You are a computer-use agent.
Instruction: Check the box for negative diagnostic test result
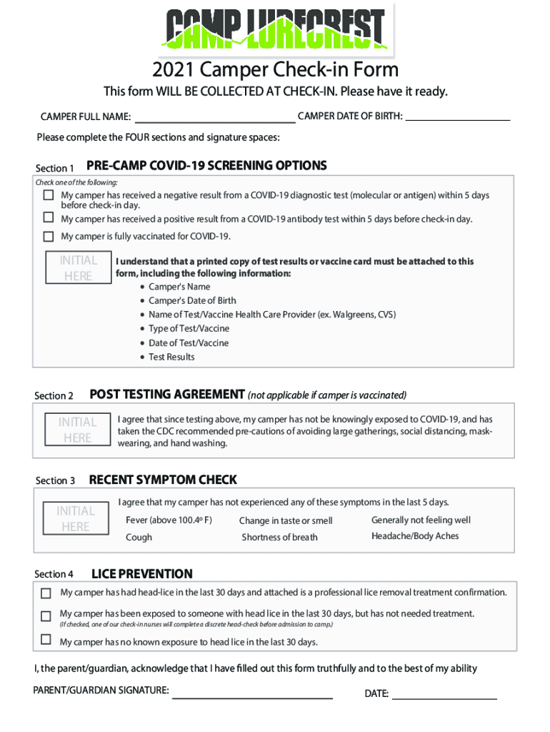pyautogui.click(x=49, y=195)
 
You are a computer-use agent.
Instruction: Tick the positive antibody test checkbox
pyautogui.click(x=49, y=217)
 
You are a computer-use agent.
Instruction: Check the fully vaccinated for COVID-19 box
pyautogui.click(x=49, y=237)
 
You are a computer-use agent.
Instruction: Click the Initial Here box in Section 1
pyautogui.click(x=78, y=268)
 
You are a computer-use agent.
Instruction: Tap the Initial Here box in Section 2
pyautogui.click(x=77, y=430)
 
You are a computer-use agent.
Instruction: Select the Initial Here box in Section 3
pyautogui.click(x=75, y=519)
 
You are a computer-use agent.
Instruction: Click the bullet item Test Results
pyautogui.click(x=171, y=357)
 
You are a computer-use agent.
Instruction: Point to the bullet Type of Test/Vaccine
pyautogui.click(x=189, y=328)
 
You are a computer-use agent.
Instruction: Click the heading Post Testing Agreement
pyautogui.click(x=167, y=395)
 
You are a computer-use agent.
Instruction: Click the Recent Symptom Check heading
pyautogui.click(x=163, y=480)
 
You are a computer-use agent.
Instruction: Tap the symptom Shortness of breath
pyautogui.click(x=279, y=538)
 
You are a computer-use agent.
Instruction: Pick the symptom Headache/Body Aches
pyautogui.click(x=415, y=536)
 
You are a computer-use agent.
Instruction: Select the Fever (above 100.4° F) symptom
pyautogui.click(x=169, y=520)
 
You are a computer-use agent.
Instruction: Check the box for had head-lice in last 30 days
pyautogui.click(x=46, y=593)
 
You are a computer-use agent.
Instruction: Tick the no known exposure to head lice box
pyautogui.click(x=46, y=640)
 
